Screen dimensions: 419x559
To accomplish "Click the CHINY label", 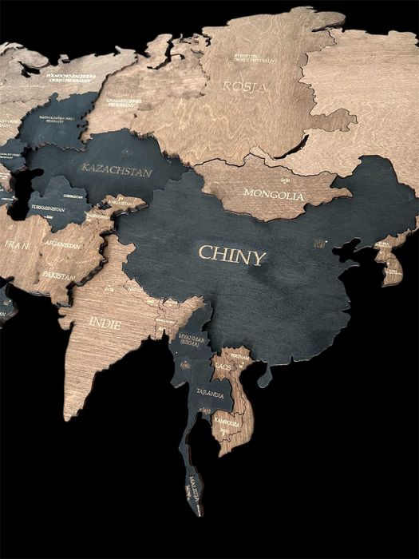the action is tap(231, 256).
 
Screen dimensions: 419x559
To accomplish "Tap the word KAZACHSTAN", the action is tap(117, 169).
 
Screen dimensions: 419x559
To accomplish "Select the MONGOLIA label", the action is tap(275, 194).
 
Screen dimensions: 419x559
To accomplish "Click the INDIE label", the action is tap(105, 323).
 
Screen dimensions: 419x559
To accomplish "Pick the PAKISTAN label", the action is tap(59, 276).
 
